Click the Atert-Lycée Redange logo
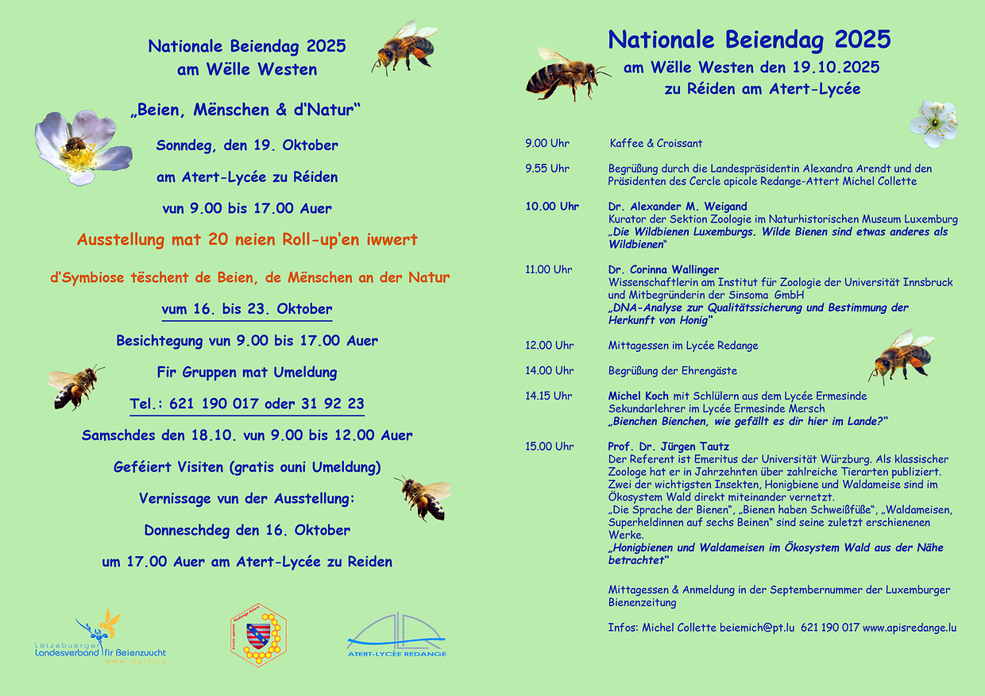pos(396,636)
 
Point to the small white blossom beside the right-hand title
pos(933,123)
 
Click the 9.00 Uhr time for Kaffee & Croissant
pos(547,144)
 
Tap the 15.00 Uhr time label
pos(549,447)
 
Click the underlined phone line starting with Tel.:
pos(247,404)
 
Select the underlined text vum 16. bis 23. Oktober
pos(247,309)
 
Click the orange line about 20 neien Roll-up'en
pos(247,239)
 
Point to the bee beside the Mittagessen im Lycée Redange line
pos(901,355)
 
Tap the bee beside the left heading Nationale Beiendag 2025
pos(405,47)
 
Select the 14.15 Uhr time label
pos(549,396)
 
